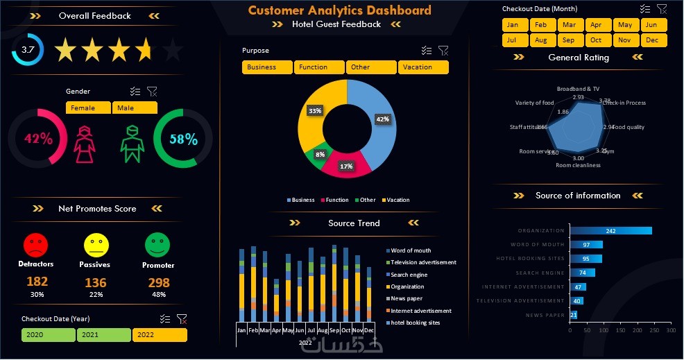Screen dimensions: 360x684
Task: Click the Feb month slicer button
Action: (541, 25)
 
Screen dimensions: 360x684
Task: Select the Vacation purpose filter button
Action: (423, 67)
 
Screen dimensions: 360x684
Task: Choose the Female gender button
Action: (88, 108)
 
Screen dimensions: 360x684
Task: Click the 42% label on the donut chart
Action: (382, 119)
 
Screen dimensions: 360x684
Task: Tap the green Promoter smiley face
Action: (157, 244)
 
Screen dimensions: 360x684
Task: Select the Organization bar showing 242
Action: (610, 231)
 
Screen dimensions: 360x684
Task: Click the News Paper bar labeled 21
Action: (574, 315)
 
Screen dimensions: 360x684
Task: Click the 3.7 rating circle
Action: (28, 50)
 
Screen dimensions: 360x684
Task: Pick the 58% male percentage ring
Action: (183, 139)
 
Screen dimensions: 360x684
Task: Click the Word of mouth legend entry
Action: (411, 250)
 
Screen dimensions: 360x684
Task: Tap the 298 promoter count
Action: (159, 282)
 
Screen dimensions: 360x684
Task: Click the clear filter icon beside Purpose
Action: (443, 51)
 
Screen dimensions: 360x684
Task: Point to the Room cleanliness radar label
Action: (578, 166)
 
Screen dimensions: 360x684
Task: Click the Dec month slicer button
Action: (652, 40)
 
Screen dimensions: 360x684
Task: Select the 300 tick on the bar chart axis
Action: (670, 331)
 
